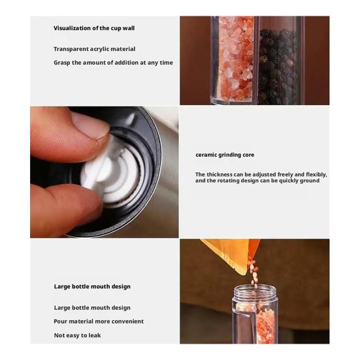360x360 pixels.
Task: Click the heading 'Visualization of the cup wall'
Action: (x=94, y=28)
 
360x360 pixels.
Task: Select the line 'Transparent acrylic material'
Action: (x=94, y=49)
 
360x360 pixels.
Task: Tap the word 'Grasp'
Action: (x=63, y=63)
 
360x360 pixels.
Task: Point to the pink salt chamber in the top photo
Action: (x=236, y=59)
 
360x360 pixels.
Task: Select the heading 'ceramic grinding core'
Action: (x=225, y=155)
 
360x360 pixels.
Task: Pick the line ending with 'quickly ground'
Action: (x=257, y=180)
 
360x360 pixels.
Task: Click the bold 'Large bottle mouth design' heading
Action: (x=92, y=286)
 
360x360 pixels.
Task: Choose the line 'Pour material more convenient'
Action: (x=99, y=321)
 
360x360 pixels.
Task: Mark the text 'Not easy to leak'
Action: (x=77, y=335)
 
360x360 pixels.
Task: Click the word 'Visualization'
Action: (x=73, y=28)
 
